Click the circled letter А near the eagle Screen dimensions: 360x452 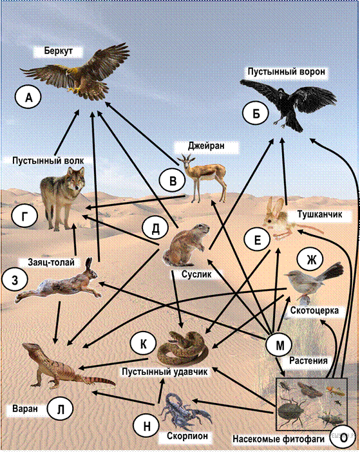[x=28, y=98]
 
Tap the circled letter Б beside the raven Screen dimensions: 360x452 [x=256, y=113]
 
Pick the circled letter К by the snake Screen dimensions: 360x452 [x=143, y=343]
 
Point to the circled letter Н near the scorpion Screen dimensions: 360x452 [x=146, y=426]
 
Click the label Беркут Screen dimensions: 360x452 [x=59, y=51]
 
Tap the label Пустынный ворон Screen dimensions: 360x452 [x=286, y=71]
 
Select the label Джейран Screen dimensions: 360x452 [x=206, y=146]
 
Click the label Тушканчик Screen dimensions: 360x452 [x=319, y=214]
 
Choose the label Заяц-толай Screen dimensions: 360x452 [x=52, y=262]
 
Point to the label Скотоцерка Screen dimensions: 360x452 [x=314, y=311]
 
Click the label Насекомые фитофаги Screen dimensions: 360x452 [x=278, y=438]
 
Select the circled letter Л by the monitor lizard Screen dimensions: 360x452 [x=61, y=409]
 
